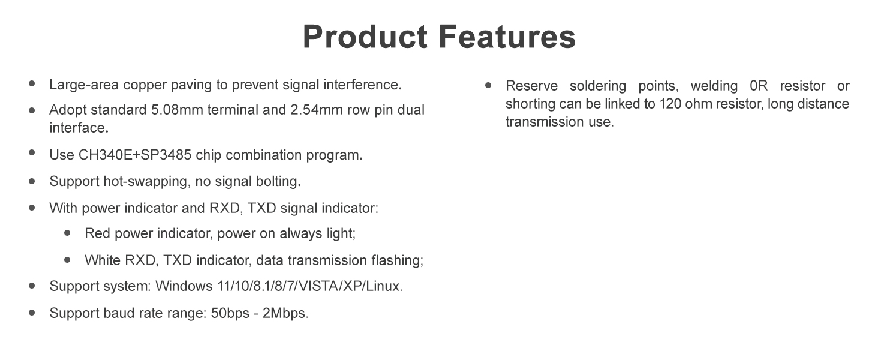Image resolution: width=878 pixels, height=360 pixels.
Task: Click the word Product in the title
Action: pos(365,37)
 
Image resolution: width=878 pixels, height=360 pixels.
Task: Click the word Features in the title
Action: pos(507,37)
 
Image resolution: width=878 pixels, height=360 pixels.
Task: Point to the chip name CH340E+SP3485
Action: pos(135,155)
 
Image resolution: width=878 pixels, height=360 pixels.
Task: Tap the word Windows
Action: pos(184,286)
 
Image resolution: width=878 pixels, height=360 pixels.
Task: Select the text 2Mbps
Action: pos(285,314)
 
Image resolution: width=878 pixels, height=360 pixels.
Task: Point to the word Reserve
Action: pos(531,85)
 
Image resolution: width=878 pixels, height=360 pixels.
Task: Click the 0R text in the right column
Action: pos(759,85)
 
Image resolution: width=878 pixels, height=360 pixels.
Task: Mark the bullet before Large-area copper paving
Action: pos(32,83)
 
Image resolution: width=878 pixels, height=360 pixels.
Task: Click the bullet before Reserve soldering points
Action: pos(488,85)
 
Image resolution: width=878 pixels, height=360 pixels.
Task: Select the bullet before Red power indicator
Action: pos(67,233)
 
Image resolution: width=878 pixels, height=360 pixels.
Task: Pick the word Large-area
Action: pos(84,85)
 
